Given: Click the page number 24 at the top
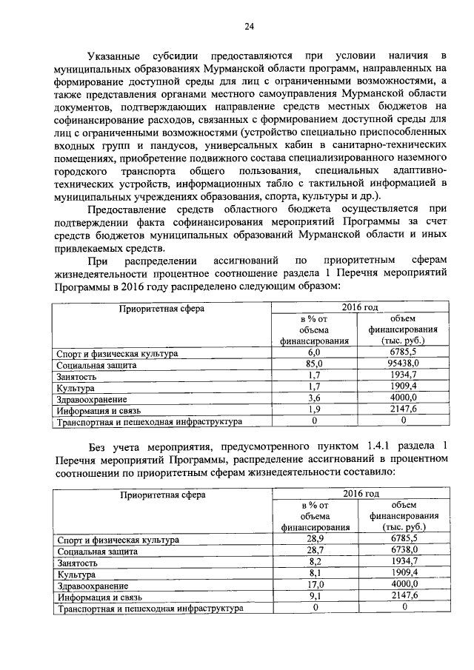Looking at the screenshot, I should pos(250,27).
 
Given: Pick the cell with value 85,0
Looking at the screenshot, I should pos(314,365).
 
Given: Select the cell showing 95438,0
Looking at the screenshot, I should pos(404,365).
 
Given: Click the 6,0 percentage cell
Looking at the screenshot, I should pos(314,353).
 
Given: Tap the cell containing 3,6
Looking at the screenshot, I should pos(314,398).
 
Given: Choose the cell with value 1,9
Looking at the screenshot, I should pos(314,409).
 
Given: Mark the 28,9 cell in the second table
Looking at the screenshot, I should pos(315,540).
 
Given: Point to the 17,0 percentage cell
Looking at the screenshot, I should pos(315,584).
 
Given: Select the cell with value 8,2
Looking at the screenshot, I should pos(315,562).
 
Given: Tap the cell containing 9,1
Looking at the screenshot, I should pos(315,595).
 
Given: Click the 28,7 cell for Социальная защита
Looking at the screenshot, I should pos(315,551).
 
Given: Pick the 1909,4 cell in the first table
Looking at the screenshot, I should pos(404,387).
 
